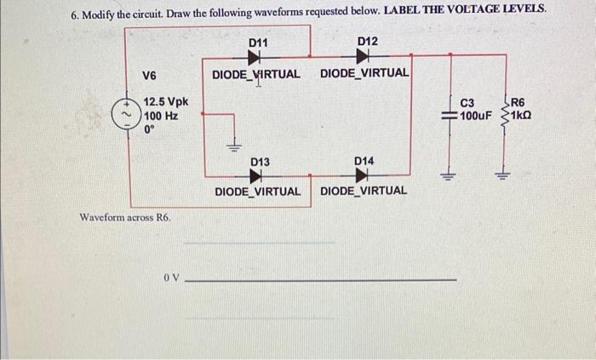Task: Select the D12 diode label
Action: point(367,43)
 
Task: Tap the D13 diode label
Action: point(260,162)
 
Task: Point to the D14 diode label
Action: point(364,162)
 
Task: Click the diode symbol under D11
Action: point(255,58)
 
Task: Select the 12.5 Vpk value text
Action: point(166,103)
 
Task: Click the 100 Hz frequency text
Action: point(161,117)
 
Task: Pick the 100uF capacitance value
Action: point(475,115)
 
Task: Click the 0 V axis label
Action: point(171,278)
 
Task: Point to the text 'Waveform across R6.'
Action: point(124,218)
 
